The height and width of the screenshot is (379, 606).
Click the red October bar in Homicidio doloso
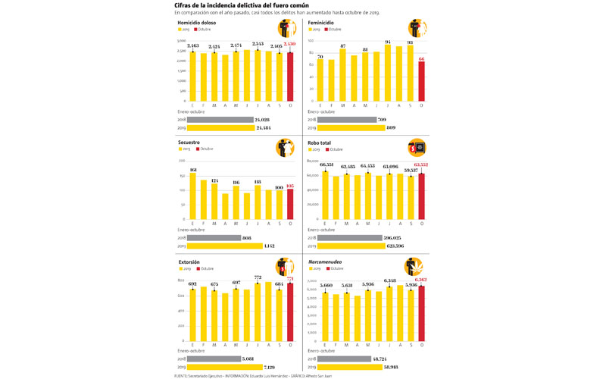click(289, 76)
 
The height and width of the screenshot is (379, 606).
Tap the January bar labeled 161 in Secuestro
click(192, 196)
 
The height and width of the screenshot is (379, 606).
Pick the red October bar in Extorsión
click(289, 310)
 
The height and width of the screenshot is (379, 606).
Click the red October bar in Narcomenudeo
click(421, 312)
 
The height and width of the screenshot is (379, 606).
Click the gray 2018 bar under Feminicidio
click(347, 120)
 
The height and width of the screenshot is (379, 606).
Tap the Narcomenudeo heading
click(326, 262)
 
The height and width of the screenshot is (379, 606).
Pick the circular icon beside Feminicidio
click(417, 28)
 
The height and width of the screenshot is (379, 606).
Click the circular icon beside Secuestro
click(285, 148)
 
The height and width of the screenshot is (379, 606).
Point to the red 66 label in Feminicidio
click(421, 58)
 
